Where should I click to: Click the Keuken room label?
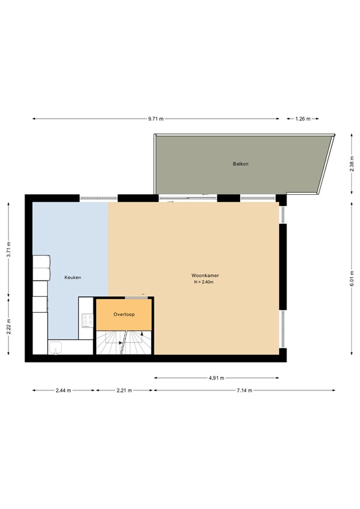click(72, 278)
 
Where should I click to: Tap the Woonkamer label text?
click(205, 274)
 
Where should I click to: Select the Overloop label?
click(124, 313)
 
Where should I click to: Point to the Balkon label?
click(240, 164)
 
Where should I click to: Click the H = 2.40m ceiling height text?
click(205, 283)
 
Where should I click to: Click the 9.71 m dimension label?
click(156, 119)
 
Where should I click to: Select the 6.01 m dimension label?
click(352, 278)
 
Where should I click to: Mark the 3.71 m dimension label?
click(9, 249)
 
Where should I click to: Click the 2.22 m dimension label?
click(9, 329)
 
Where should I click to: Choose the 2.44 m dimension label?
click(64, 391)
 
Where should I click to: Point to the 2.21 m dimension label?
click(125, 391)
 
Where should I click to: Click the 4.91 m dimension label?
click(217, 378)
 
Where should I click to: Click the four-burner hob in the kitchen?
click(87, 321)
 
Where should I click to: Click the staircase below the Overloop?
click(124, 343)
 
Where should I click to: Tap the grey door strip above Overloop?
click(135, 297)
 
